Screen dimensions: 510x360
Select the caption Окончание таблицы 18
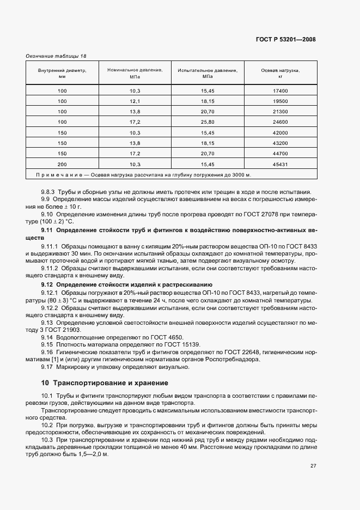pos(56,56)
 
